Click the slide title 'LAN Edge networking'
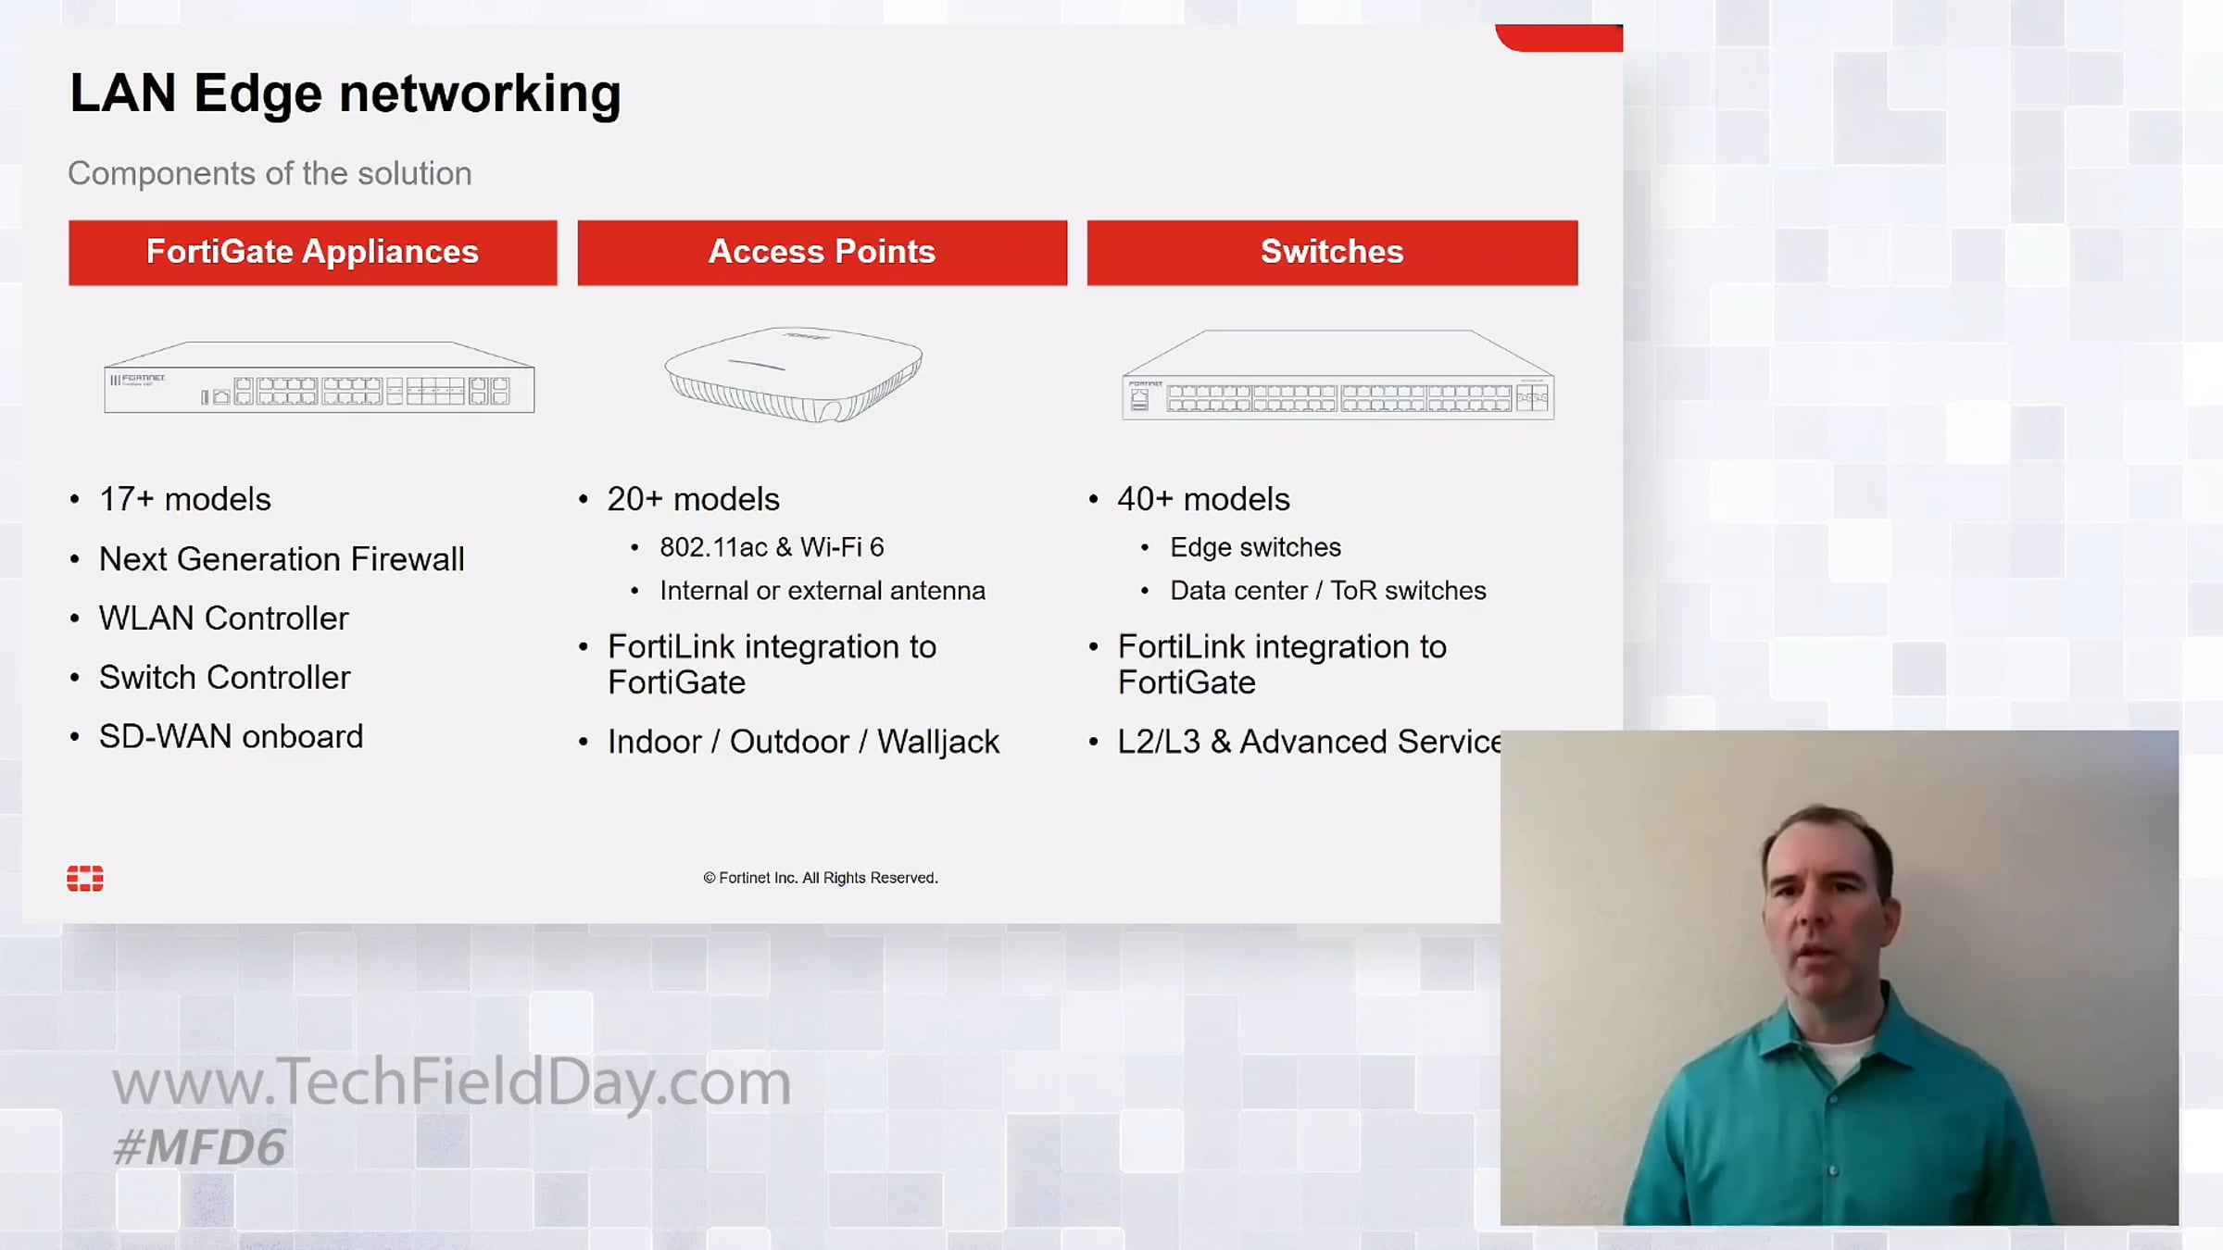[x=345, y=94]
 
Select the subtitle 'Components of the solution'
[x=270, y=173]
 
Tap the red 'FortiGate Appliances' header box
[x=313, y=252]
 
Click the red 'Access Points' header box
[x=823, y=252]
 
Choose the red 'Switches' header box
[x=1332, y=252]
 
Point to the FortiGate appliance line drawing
[x=320, y=377]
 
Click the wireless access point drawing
[x=794, y=374]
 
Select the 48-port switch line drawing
[x=1338, y=375]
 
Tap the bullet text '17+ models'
[x=185, y=499]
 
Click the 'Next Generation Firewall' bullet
[x=282, y=559]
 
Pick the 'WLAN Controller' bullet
[x=224, y=619]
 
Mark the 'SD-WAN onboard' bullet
[x=232, y=737]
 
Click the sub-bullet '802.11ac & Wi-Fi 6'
[x=772, y=547]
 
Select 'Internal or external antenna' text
[x=823, y=591]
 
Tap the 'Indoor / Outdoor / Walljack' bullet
[x=803, y=742]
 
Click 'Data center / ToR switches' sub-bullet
[x=1328, y=591]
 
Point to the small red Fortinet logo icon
[x=85, y=879]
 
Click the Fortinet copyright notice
[x=821, y=878]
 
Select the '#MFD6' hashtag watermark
[x=199, y=1148]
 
